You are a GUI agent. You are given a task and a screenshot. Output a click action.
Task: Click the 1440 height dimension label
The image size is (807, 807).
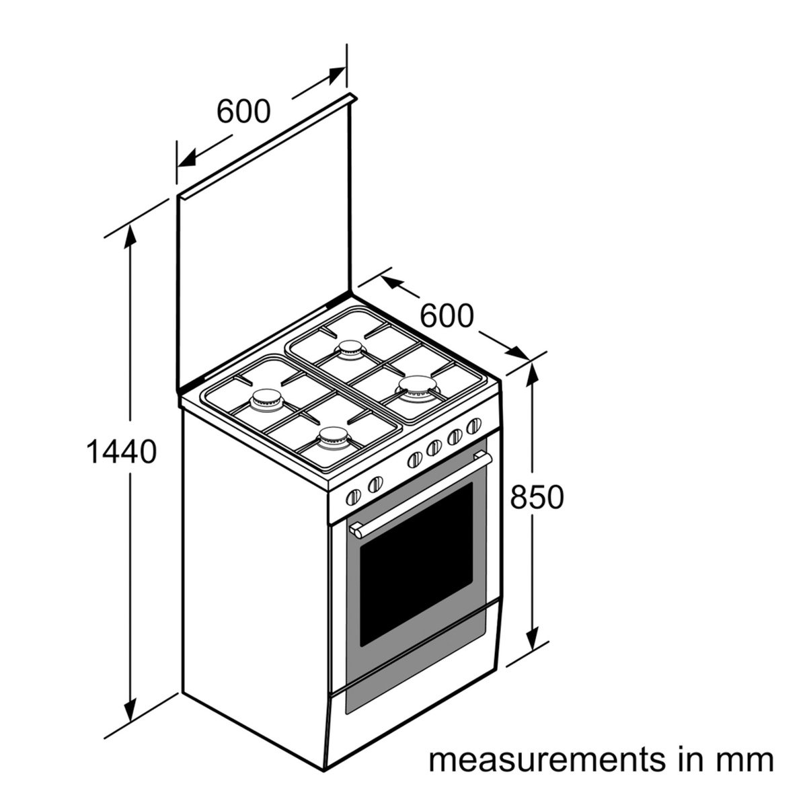[122, 452]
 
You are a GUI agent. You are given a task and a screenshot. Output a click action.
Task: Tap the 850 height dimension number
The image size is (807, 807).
[537, 497]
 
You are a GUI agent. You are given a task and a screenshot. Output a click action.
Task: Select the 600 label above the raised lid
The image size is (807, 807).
[243, 111]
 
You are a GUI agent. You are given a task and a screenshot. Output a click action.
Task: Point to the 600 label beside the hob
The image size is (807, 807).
[447, 316]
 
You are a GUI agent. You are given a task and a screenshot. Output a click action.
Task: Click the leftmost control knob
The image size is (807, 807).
[354, 497]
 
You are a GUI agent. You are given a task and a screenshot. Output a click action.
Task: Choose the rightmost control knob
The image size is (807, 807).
[474, 426]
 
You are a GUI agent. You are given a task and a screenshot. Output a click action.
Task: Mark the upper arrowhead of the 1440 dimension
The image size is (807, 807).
[130, 238]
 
